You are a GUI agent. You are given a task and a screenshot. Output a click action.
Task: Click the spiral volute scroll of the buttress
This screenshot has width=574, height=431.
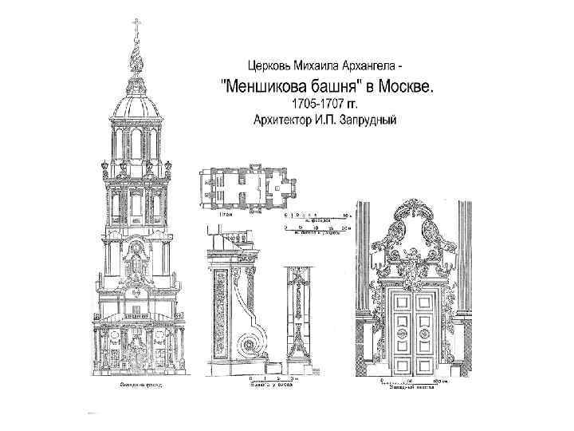pyautogui.click(x=252, y=346)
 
